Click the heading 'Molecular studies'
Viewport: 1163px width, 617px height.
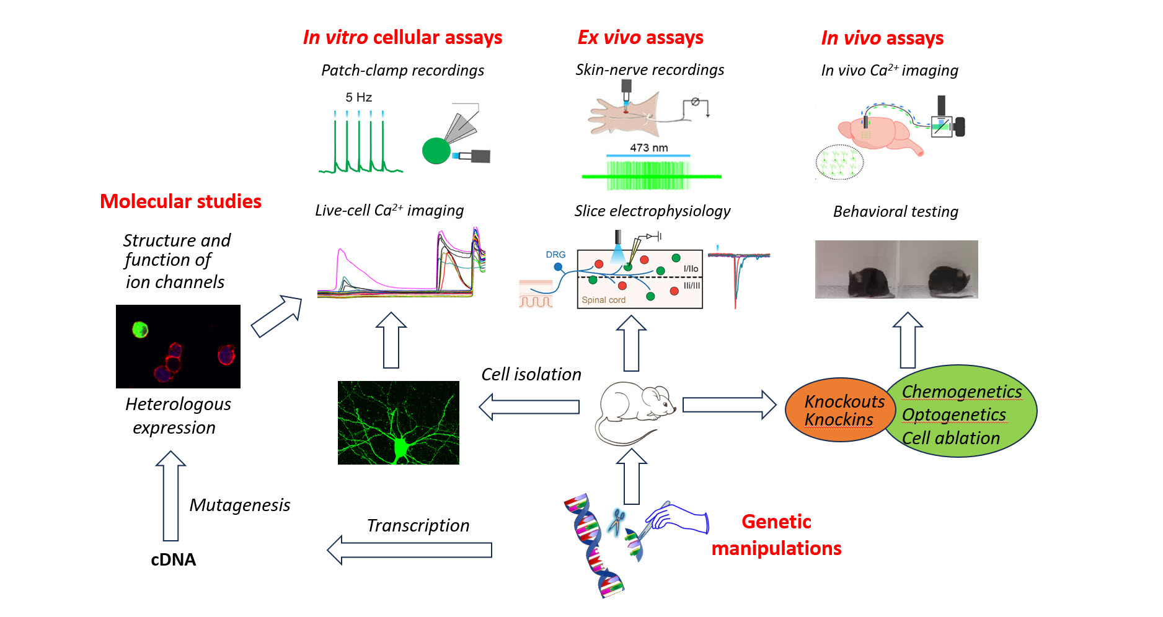[180, 201]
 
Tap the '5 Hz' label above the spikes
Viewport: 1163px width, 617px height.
[358, 97]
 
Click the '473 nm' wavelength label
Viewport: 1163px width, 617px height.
[648, 147]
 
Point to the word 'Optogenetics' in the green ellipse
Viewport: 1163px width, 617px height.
[953, 414]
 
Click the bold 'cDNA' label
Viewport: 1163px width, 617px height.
[173, 559]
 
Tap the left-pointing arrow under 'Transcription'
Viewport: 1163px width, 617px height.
[409, 549]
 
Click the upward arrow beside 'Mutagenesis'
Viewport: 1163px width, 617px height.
[170, 496]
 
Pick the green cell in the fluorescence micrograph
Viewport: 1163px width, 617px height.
[140, 329]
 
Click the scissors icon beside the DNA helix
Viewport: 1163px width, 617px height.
[616, 520]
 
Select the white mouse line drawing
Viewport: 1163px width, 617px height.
[635, 412]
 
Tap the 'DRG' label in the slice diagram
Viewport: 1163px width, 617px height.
[555, 255]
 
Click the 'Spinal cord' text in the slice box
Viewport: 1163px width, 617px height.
[603, 300]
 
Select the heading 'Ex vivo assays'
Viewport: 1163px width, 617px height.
[640, 38]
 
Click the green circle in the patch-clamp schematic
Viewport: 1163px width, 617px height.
[436, 151]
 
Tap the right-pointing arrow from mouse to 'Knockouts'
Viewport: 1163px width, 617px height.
[728, 405]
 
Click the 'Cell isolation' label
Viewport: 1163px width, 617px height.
[531, 374]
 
